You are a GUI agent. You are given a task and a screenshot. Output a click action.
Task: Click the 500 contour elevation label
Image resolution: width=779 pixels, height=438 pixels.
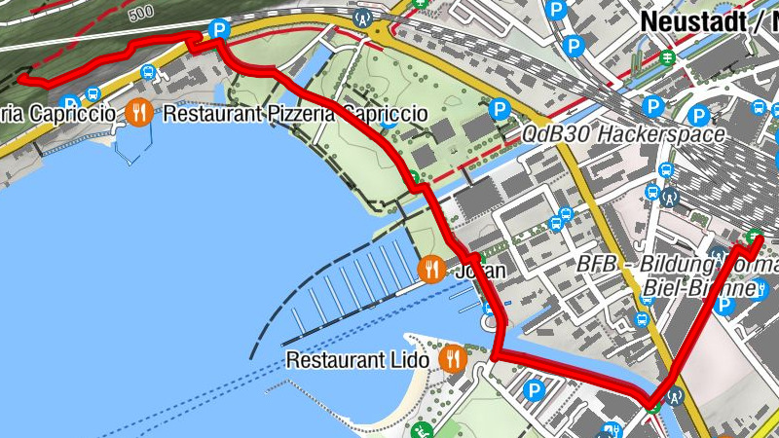point(140,12)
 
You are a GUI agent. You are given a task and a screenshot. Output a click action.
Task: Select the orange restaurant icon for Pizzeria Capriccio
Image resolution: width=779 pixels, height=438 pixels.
point(140,113)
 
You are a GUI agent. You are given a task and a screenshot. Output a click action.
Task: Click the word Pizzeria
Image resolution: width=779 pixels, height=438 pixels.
point(280,114)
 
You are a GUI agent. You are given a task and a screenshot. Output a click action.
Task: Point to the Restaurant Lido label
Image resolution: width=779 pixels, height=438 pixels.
point(357,360)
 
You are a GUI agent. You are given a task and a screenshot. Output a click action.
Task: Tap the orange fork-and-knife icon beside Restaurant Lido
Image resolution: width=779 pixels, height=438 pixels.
point(452,359)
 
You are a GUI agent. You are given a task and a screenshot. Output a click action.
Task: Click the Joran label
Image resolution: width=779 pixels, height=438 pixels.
point(481,271)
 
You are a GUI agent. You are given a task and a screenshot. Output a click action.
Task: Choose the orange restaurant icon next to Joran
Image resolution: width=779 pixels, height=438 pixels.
point(430,269)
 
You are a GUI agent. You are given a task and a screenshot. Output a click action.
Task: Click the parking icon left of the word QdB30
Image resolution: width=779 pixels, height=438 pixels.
point(500,110)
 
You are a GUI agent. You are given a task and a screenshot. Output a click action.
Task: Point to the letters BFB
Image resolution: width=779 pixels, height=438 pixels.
point(596,264)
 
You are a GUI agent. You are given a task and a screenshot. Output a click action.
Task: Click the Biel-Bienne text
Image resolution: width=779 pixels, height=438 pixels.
point(700,289)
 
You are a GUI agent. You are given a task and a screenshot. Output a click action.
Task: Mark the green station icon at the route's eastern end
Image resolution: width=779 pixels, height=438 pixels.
point(754,236)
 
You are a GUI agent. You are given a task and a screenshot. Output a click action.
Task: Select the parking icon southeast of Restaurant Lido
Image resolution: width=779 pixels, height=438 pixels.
point(533,391)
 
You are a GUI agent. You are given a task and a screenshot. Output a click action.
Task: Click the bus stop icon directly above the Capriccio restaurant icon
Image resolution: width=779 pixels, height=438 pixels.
point(147,72)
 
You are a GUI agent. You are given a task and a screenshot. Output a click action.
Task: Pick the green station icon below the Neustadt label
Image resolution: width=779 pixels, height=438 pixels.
point(668,55)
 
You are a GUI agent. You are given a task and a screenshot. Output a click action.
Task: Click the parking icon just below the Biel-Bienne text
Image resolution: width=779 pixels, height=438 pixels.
point(723,306)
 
